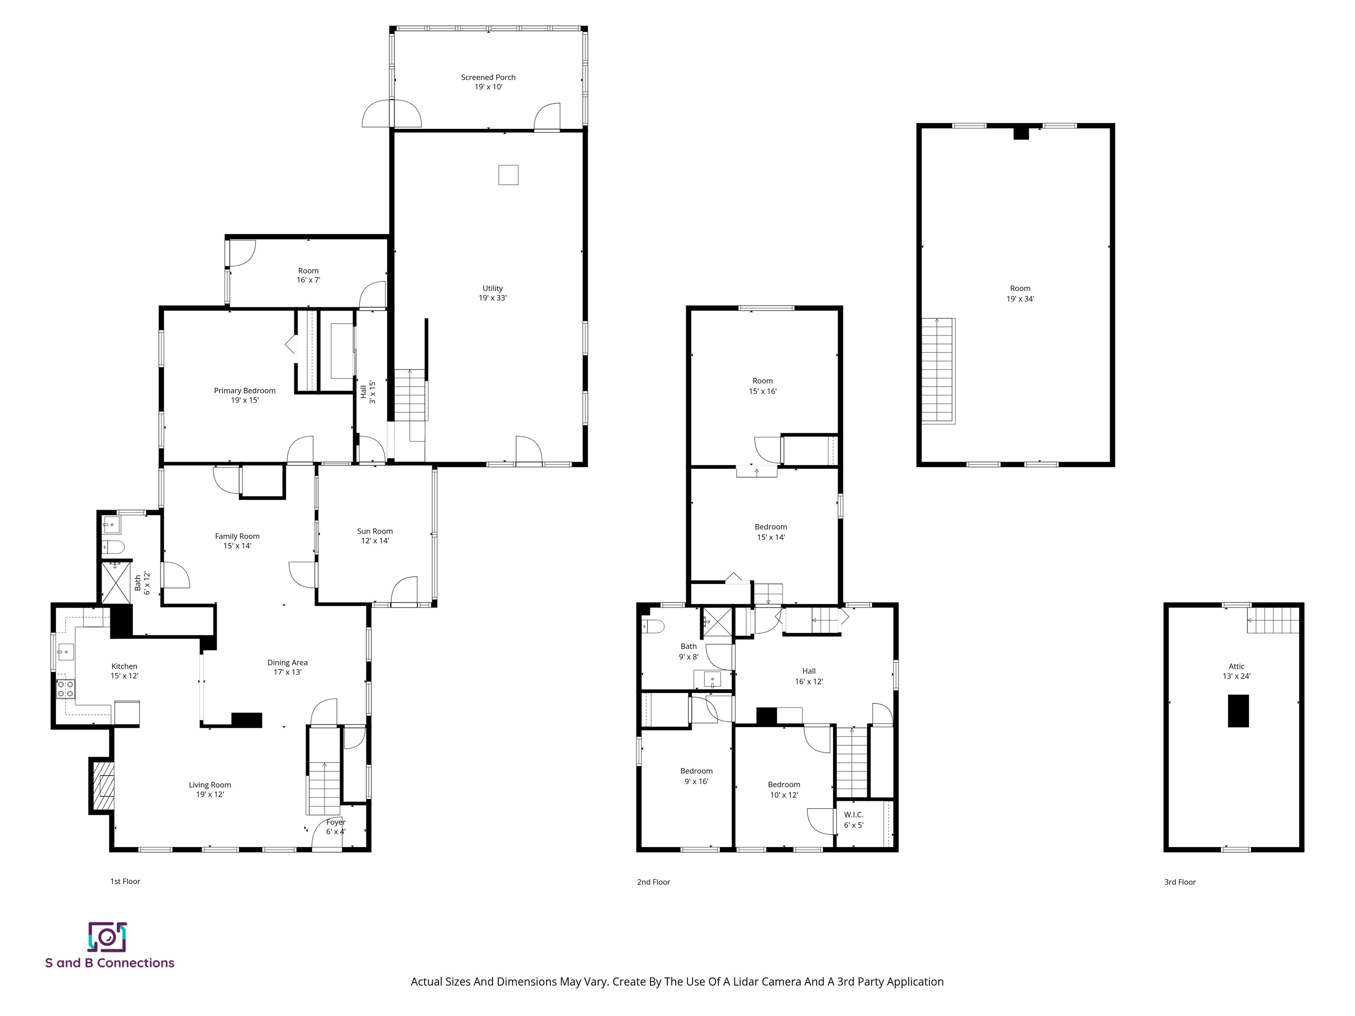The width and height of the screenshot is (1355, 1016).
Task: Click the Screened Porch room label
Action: (x=488, y=82)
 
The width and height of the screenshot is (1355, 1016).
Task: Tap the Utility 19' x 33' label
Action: (x=493, y=293)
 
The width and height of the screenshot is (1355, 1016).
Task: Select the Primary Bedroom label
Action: (x=244, y=395)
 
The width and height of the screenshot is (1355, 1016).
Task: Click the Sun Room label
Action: (x=375, y=536)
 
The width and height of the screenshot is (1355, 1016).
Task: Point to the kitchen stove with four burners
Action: (x=66, y=689)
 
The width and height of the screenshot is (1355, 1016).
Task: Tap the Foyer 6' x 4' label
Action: (x=336, y=827)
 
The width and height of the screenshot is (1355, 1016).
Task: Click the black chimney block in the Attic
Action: (x=1238, y=710)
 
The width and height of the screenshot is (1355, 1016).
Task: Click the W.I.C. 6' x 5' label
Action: (x=853, y=819)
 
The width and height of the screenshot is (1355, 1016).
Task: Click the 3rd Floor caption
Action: (x=1180, y=882)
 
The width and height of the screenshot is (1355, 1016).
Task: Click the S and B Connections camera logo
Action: (x=107, y=937)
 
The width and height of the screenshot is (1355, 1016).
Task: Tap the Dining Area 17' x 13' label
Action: (x=287, y=667)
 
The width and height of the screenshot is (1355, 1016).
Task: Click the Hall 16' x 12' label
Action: (x=809, y=676)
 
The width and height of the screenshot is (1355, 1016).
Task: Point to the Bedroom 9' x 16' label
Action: (x=696, y=776)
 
